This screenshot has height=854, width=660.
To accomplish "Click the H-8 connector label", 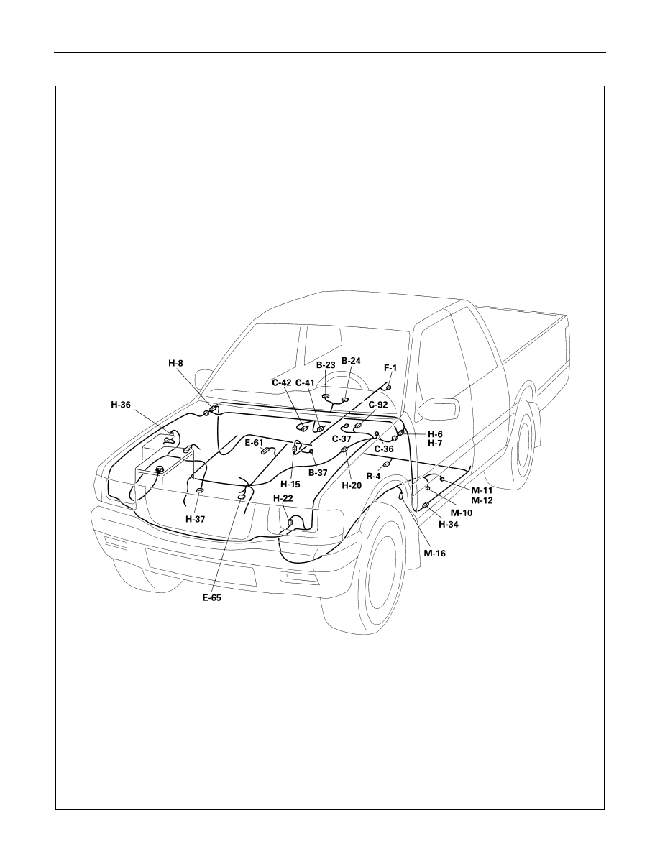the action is pos(177,362).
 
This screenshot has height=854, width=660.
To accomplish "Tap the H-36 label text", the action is pos(121,404).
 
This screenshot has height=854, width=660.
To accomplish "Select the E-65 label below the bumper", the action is pos(212,597).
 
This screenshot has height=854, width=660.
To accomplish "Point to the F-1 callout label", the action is pos(390,368).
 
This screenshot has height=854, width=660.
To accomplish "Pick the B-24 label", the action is pos(351,361).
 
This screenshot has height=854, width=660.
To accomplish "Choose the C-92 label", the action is pos(378,405).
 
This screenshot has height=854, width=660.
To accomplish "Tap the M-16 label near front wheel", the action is pos(434,554).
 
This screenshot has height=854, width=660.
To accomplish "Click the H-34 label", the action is pos(448,525).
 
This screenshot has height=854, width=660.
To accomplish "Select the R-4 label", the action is pos(373,476).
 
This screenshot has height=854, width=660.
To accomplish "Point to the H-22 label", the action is pos(283,498).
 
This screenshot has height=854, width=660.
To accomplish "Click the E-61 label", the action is pos(254,443).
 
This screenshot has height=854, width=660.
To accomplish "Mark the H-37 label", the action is pos(195,520).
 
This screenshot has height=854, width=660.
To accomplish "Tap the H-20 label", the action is pos(352,485).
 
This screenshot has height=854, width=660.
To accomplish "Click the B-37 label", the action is pos(318,473).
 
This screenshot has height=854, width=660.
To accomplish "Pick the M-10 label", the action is pos(462,513).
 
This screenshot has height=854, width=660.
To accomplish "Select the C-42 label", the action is pos(282,383).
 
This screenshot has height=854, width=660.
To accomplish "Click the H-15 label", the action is pos(290,483).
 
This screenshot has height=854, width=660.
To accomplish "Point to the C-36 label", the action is pos(383,449).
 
